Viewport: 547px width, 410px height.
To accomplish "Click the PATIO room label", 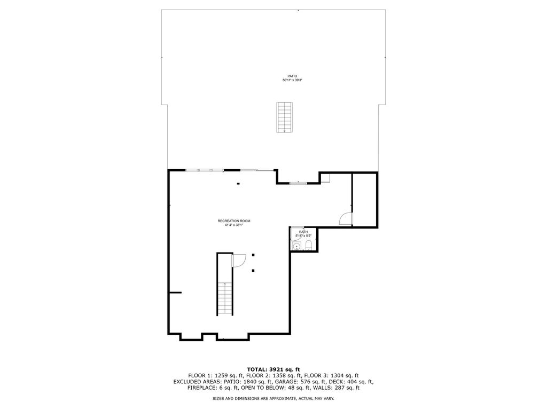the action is click(x=292, y=76).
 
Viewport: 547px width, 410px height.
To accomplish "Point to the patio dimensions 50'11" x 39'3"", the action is click(x=292, y=80).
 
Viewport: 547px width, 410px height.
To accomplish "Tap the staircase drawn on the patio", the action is click(x=285, y=117).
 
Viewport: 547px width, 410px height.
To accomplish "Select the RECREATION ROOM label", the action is click(x=234, y=221).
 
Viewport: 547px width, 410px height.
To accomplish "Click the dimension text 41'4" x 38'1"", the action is click(x=234, y=225).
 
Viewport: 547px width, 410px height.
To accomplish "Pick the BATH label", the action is click(x=303, y=232).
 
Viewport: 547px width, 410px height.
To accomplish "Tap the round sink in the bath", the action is click(x=296, y=247).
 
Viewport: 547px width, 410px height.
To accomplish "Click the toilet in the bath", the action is click(x=309, y=246).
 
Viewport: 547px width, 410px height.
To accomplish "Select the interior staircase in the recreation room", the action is click(x=225, y=298).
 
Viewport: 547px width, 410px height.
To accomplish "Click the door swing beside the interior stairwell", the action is click(x=239, y=261).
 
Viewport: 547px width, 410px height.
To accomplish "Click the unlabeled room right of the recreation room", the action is click(x=364, y=200).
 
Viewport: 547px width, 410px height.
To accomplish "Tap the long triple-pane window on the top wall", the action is click(x=205, y=170).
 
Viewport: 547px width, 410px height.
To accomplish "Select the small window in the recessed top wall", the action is click(x=299, y=183).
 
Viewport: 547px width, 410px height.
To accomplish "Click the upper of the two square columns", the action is click(x=253, y=255).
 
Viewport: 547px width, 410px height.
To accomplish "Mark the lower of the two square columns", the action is click(x=253, y=271).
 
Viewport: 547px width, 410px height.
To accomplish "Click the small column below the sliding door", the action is click(x=238, y=184).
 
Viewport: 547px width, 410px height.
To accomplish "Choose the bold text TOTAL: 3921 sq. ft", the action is click(x=273, y=369).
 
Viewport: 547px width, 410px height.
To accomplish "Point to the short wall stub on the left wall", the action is click(x=175, y=293).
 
